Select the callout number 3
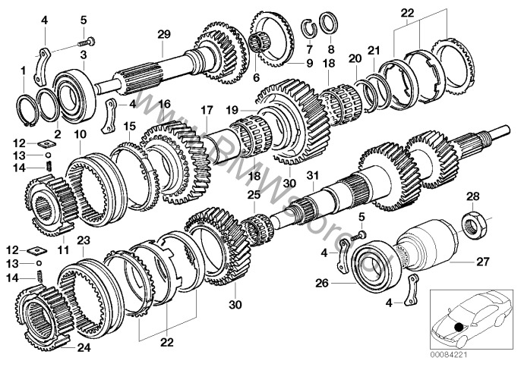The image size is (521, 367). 84,55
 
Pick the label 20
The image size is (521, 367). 354,58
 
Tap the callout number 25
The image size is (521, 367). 254,194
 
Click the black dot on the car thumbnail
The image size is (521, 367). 458,326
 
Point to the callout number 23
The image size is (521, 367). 83,239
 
